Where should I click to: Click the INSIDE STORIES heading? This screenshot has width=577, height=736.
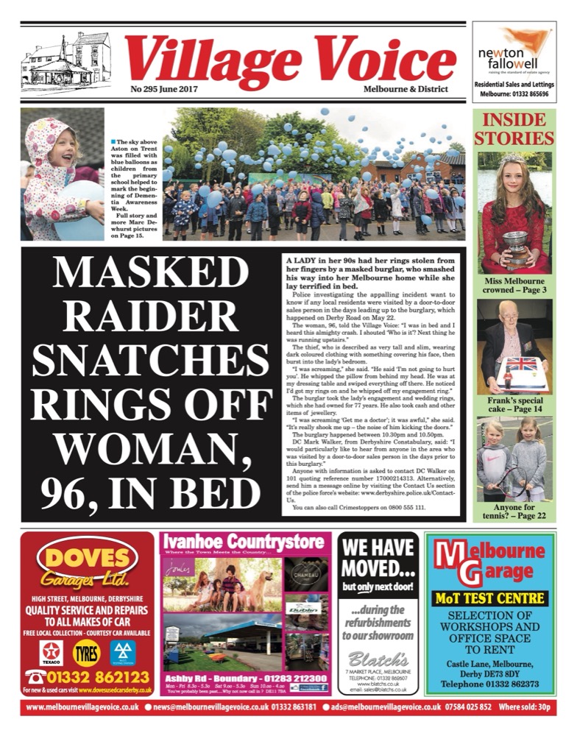pos(514,130)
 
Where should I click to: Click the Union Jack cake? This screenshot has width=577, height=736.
pos(520,369)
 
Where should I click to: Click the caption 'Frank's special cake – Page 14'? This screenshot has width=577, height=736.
pos(514,404)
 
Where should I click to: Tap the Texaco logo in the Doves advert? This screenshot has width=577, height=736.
pos(51,653)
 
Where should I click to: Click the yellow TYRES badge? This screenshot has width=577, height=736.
pos(87,653)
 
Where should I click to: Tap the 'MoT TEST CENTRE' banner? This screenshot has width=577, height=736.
pos(490,598)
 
